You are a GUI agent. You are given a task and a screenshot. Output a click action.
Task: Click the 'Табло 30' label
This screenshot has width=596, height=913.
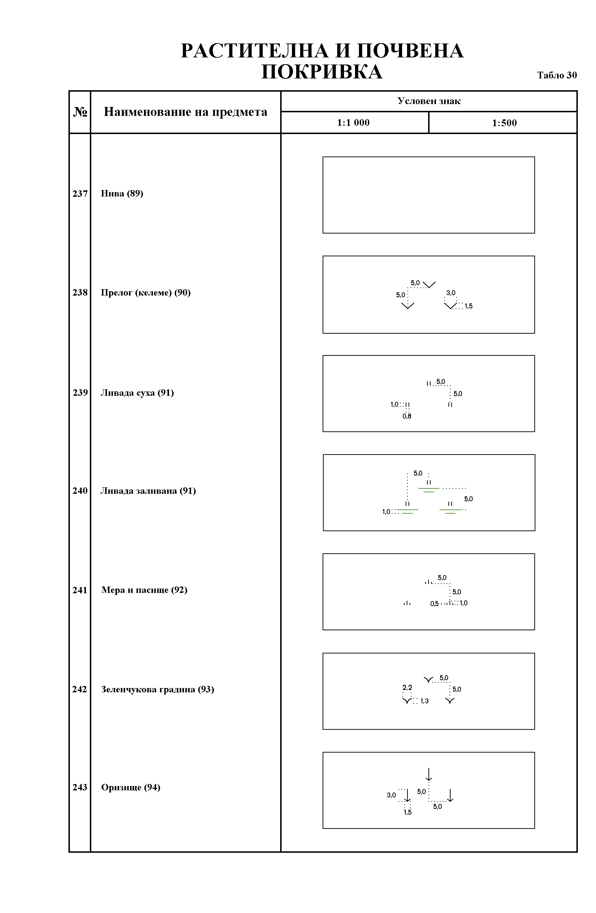[557, 75]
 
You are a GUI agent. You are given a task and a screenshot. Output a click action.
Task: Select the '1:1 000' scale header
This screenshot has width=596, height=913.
[353, 123]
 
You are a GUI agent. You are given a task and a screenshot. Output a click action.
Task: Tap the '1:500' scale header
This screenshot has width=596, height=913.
[504, 123]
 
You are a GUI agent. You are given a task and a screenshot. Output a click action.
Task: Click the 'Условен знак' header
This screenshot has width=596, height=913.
[429, 101]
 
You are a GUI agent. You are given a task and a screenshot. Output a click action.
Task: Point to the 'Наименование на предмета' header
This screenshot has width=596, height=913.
[186, 112]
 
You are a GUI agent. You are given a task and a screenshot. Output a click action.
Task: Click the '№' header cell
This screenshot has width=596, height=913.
[80, 112]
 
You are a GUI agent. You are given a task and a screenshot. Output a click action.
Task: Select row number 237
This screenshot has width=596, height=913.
[80, 194]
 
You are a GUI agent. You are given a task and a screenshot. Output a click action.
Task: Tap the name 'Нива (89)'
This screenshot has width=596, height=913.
[122, 193]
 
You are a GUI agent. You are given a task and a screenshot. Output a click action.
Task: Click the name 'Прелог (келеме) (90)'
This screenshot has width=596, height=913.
[146, 293]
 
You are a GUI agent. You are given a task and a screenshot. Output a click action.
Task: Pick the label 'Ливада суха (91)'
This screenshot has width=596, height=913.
[137, 393]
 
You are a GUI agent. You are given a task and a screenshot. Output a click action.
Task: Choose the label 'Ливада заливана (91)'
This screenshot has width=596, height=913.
[148, 491]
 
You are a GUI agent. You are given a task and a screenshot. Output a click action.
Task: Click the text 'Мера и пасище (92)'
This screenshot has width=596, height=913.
[144, 590]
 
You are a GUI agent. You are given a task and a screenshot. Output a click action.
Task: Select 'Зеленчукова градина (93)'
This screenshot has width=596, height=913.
[158, 689]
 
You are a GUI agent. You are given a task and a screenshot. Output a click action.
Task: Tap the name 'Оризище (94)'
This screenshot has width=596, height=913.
[131, 788]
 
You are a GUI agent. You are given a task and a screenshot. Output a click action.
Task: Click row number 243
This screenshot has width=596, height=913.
[80, 788]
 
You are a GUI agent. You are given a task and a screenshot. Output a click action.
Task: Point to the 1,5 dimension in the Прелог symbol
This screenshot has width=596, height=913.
[469, 306]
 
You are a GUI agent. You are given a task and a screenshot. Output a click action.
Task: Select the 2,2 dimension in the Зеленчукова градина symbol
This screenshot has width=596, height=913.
[407, 687]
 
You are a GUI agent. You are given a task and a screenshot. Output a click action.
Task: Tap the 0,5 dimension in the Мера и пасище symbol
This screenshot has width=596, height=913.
[434, 604]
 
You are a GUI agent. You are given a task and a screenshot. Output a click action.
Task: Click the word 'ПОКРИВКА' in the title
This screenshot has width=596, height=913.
[322, 72]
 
